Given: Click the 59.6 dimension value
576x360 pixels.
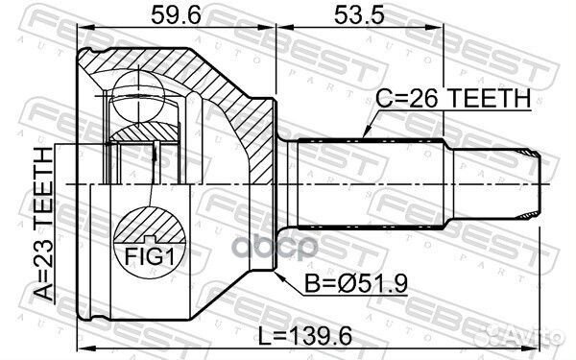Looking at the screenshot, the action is tap(177, 15).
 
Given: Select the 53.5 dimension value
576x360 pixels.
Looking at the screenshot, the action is tap(359, 15).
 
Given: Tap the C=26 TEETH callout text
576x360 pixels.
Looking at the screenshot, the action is tap(453, 98).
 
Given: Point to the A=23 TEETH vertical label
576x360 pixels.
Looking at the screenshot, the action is tap(44, 224).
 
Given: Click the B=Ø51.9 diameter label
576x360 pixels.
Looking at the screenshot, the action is tap(356, 283).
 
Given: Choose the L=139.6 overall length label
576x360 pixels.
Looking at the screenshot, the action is tap(305, 336).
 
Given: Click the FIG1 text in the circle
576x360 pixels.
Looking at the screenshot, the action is tap(149, 256).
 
